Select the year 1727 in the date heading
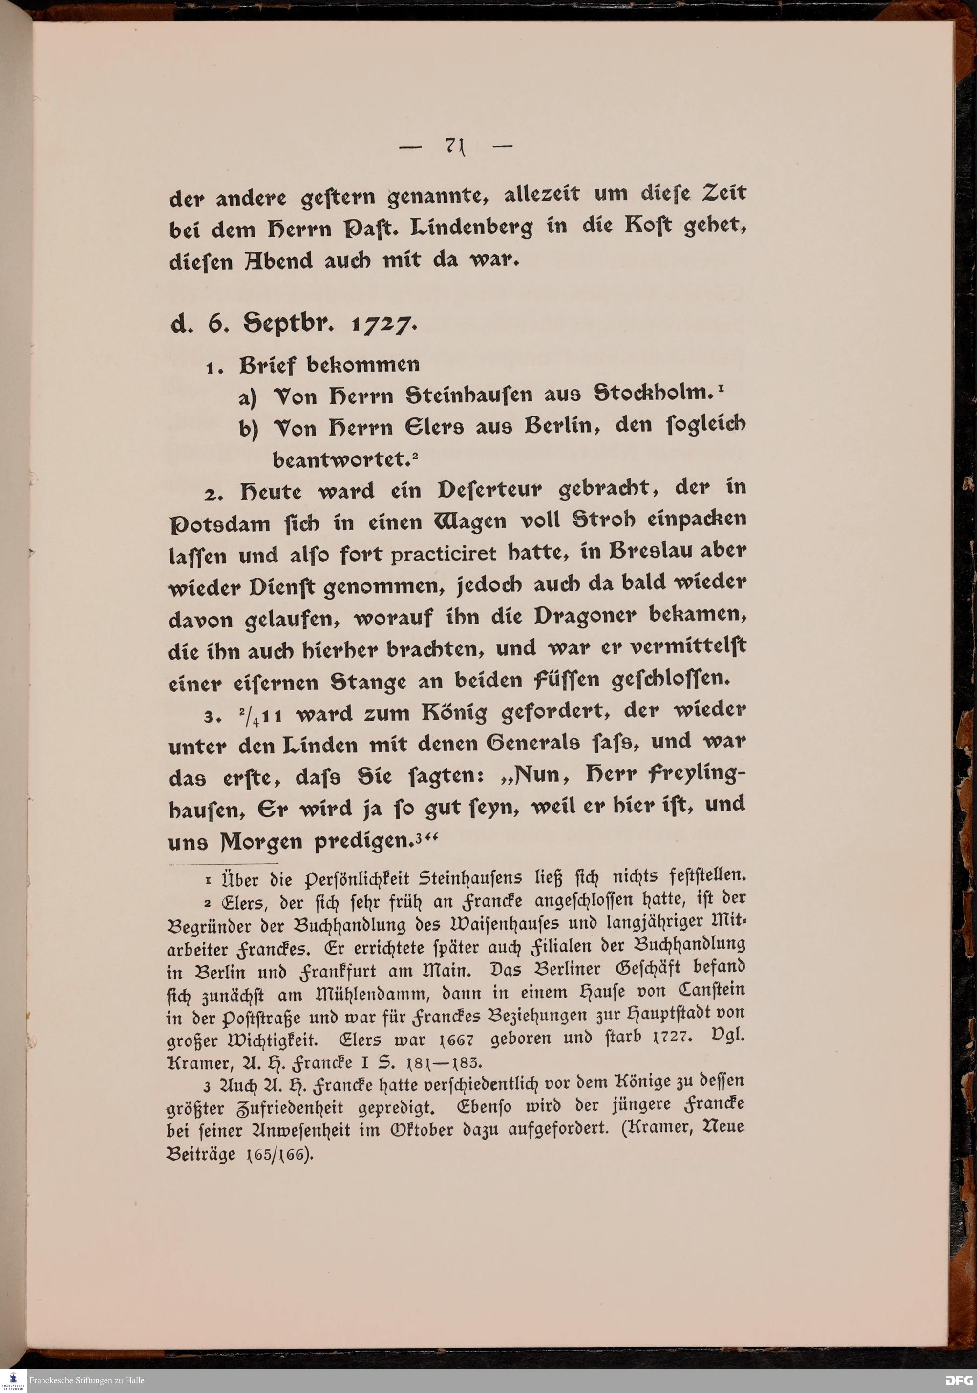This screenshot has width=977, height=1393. coord(383,325)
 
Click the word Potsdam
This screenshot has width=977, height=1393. coord(220,523)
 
